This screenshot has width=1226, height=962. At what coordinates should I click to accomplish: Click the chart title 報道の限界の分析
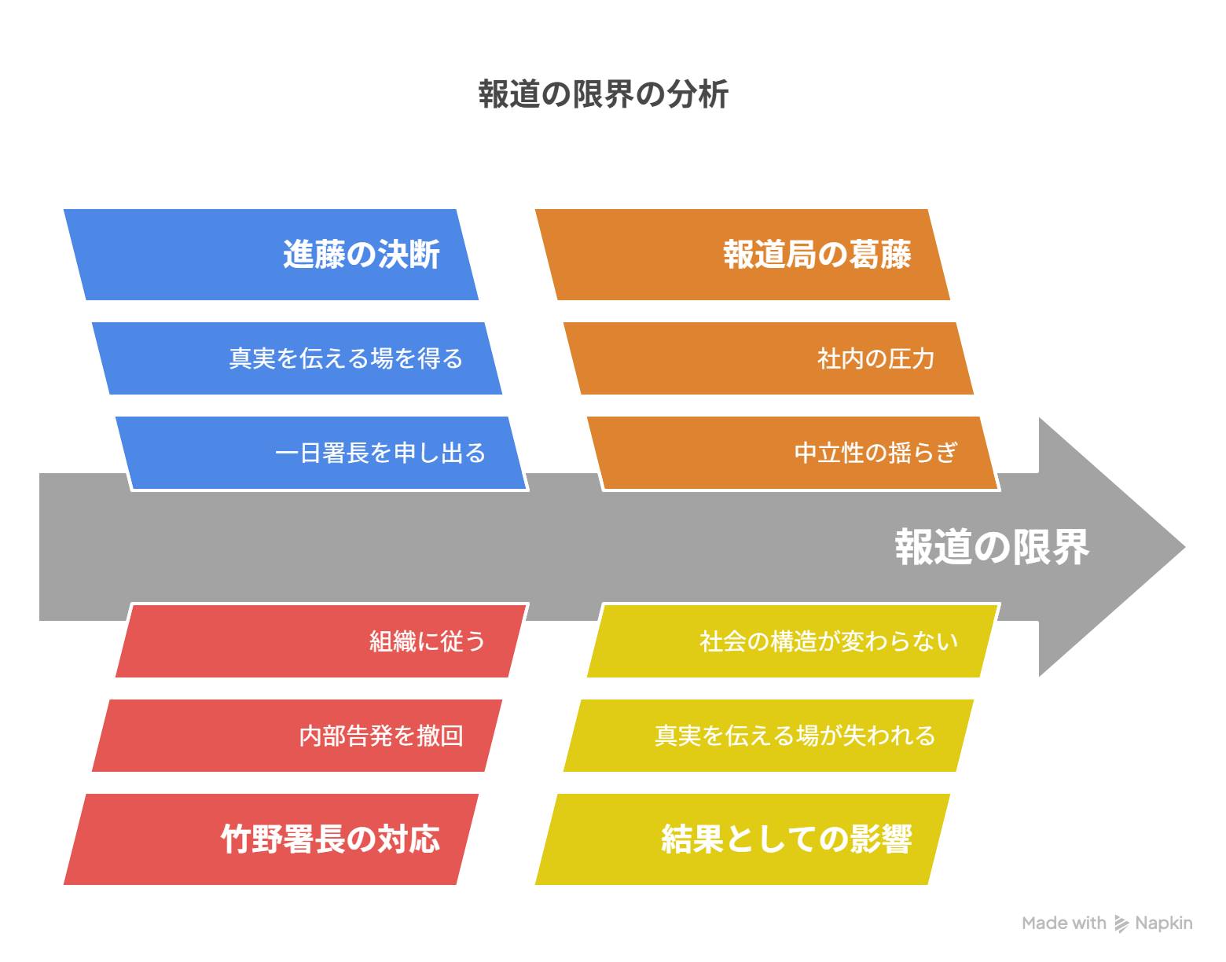pyautogui.click(x=603, y=94)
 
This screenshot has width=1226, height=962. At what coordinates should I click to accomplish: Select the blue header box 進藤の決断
pyautogui.click(x=271, y=255)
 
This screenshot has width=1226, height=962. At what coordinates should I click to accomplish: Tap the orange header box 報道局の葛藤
pyautogui.click(x=743, y=255)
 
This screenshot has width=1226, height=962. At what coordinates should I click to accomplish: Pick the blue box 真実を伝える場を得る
pyautogui.click(x=297, y=358)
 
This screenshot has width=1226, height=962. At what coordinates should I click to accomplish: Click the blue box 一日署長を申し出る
pyautogui.click(x=321, y=453)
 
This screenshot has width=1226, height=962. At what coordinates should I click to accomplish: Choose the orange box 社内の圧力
pyautogui.click(x=769, y=358)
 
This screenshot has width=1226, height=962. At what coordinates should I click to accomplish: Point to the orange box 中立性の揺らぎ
pyautogui.click(x=793, y=453)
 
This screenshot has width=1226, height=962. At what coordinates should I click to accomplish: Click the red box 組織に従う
pyautogui.click(x=321, y=641)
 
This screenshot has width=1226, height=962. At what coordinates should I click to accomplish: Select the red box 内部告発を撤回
pyautogui.click(x=297, y=736)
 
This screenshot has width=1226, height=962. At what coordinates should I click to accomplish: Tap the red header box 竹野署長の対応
pyautogui.click(x=271, y=839)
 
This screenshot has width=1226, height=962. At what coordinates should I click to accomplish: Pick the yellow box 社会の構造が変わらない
pyautogui.click(x=793, y=641)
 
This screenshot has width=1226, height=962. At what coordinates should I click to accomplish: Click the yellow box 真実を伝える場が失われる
pyautogui.click(x=769, y=736)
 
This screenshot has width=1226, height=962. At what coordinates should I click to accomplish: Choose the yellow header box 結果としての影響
pyautogui.click(x=743, y=839)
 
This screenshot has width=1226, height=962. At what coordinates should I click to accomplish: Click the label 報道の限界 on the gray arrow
pyautogui.click(x=992, y=547)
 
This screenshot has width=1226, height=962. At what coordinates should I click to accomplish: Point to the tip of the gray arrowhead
pyautogui.click(x=1185, y=547)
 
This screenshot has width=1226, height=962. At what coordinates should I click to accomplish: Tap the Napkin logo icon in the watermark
pyautogui.click(x=1121, y=923)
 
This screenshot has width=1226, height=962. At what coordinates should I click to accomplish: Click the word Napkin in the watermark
pyautogui.click(x=1163, y=923)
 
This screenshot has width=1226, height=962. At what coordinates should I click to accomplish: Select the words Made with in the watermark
pyautogui.click(x=1063, y=923)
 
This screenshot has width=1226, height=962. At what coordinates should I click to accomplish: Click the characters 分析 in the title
pyautogui.click(x=697, y=94)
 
